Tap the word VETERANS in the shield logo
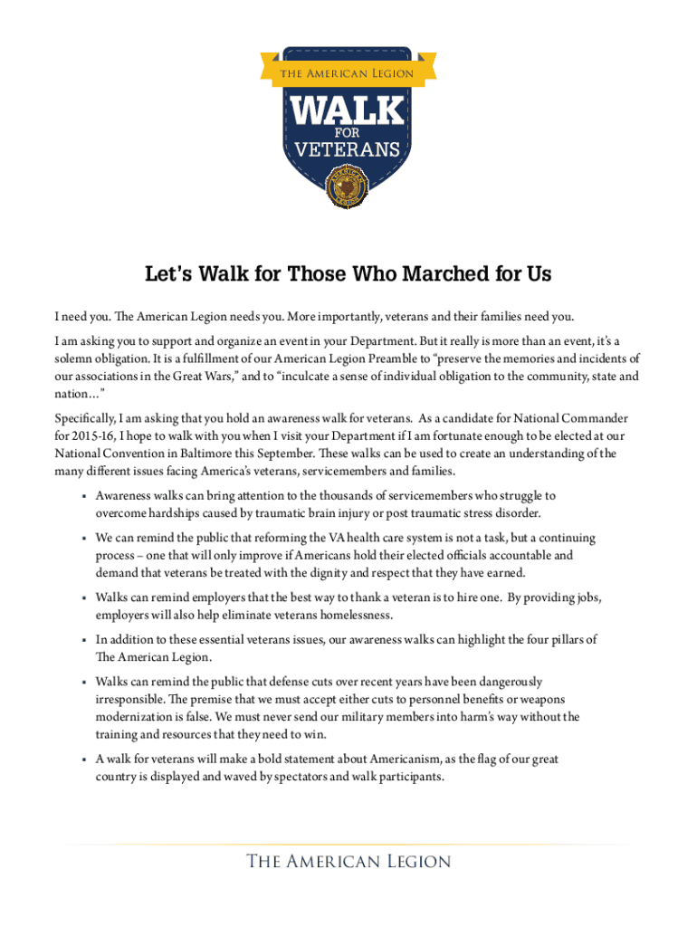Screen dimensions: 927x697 click(348, 148)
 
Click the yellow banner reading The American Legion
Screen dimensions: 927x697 click(348, 73)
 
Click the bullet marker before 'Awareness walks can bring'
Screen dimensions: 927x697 click(82, 497)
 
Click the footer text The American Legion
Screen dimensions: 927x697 click(348, 861)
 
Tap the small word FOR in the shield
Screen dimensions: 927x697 click(348, 131)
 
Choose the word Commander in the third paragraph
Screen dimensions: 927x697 click(588, 419)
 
